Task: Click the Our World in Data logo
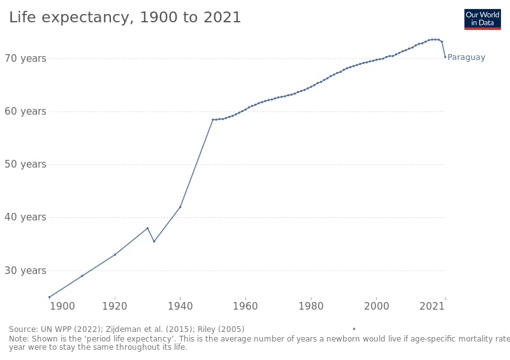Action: [x=482, y=19]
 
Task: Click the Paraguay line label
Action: [x=466, y=58]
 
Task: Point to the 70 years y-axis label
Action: [x=25, y=59]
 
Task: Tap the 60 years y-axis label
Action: [x=25, y=112]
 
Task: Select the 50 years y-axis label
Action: [x=25, y=164]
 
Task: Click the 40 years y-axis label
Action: [x=25, y=217]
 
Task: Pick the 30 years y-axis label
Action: [x=25, y=270]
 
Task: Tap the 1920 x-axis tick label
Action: [x=115, y=306]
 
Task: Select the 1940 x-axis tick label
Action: [x=180, y=306]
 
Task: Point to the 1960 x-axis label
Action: [x=245, y=306]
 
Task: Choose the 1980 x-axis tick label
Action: [x=311, y=306]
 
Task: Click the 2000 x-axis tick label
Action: [x=377, y=306]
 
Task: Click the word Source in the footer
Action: [x=23, y=329]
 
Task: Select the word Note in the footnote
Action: [x=19, y=340]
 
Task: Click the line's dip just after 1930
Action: [x=154, y=241]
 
